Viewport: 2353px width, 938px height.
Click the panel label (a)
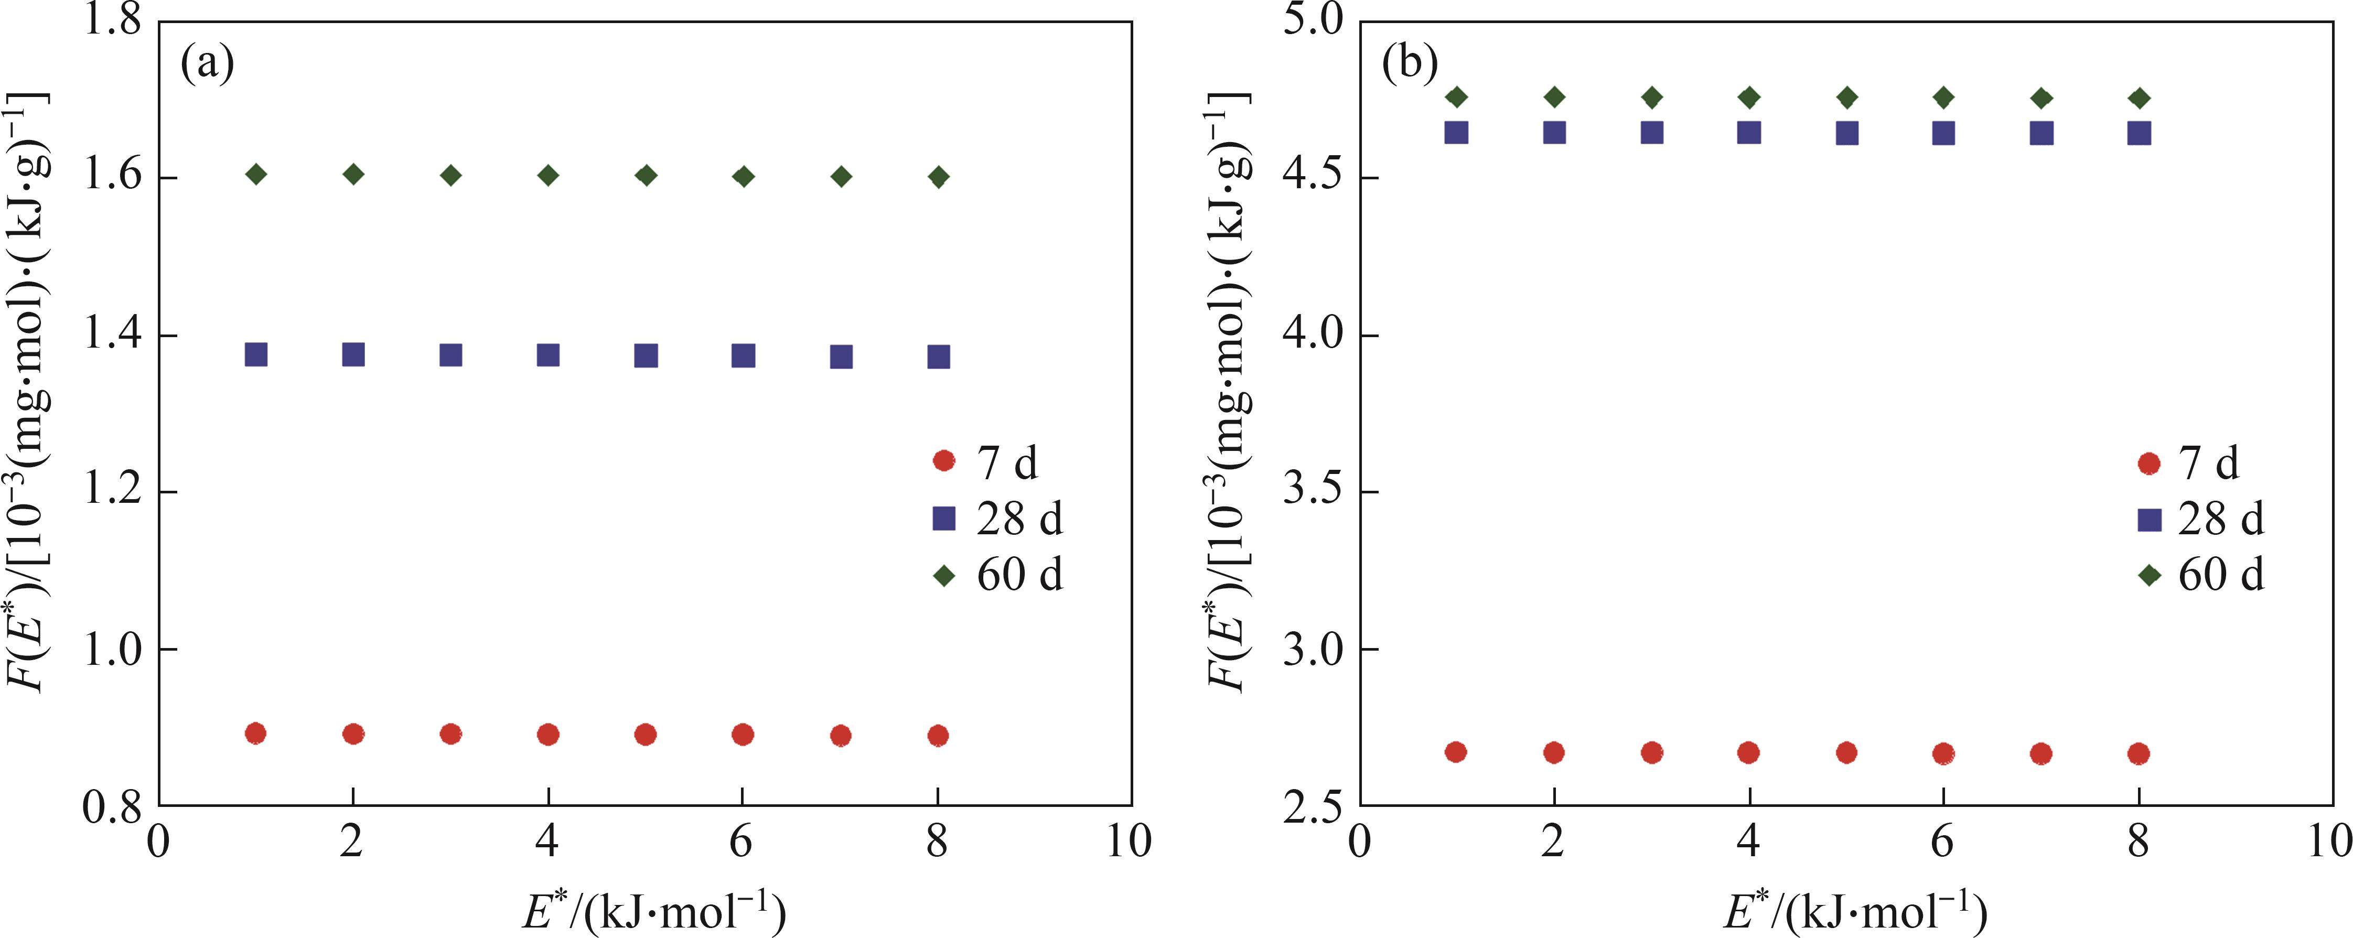coord(207,65)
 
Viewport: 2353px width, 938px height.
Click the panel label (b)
coord(1410,65)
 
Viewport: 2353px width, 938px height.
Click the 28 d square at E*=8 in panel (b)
coord(2139,133)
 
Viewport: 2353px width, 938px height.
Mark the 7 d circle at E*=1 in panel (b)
coord(1456,752)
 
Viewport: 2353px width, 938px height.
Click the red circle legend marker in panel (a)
coord(943,461)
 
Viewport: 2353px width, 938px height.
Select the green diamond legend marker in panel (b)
coord(2150,575)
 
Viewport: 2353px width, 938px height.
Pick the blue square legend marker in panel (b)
coord(2150,520)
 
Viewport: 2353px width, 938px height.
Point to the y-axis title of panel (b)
coord(1224,393)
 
